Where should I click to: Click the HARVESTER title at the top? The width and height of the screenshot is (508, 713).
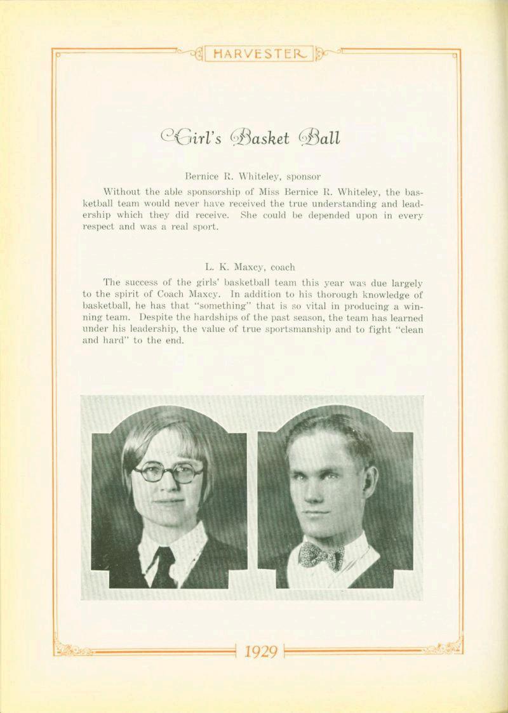tap(259, 54)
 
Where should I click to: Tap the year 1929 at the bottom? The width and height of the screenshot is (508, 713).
tap(260, 651)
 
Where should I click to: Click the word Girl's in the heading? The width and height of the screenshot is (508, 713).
tap(190, 137)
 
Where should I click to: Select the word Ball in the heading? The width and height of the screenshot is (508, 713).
tap(321, 137)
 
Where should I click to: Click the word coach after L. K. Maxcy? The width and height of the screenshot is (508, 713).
tap(283, 267)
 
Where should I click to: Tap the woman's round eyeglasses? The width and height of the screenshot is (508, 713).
tap(168, 473)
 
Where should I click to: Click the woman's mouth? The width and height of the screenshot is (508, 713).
tap(169, 501)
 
